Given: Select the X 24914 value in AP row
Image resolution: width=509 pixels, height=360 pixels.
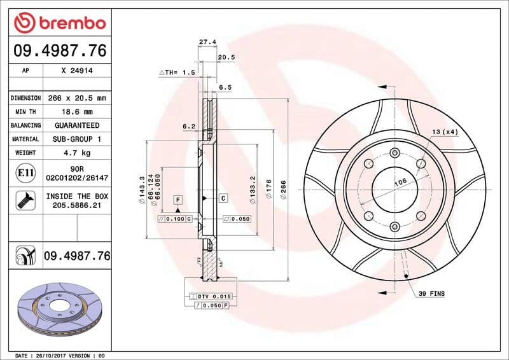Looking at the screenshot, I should tap(77, 71).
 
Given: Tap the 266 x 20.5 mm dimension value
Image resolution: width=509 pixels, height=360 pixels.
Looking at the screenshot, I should tap(77, 99).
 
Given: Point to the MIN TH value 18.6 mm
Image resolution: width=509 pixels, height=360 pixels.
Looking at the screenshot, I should tap(77, 112).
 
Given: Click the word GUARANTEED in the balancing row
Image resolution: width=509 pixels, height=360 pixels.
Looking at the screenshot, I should tap(77, 125).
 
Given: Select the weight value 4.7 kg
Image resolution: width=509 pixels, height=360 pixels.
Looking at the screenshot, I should tap(77, 153).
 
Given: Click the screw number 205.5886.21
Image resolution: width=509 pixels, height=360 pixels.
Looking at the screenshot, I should tap(77, 205).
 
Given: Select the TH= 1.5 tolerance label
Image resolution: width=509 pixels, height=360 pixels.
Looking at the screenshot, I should tap(176, 73).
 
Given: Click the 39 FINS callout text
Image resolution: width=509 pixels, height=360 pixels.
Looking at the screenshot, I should tap(432, 293).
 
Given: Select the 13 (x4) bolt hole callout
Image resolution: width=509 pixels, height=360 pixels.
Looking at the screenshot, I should tap(445, 132).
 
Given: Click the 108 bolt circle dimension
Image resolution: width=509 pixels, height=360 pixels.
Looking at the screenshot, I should tap(401, 182).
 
